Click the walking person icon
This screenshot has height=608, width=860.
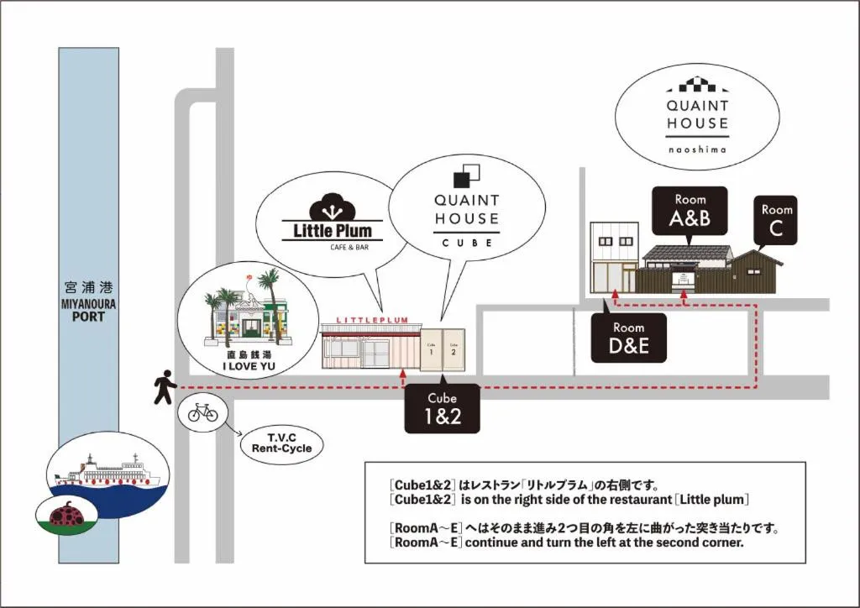click(165, 387)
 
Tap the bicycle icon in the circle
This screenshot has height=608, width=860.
click(202, 411)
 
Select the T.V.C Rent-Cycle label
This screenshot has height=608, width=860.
click(281, 443)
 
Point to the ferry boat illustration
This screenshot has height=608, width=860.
click(107, 470)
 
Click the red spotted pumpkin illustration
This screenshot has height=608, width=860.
click(66, 513)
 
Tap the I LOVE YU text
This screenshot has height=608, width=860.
click(249, 367)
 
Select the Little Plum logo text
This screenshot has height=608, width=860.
click(332, 230)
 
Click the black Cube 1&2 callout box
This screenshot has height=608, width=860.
click(442, 409)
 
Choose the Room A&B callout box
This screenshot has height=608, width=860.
click(690, 211)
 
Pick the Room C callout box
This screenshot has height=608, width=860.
click(776, 220)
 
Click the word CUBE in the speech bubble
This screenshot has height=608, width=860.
click(466, 243)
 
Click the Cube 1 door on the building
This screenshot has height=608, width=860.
click(431, 349)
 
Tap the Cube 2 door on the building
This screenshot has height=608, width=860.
click(454, 349)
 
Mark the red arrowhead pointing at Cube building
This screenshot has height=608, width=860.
click(403, 372)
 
